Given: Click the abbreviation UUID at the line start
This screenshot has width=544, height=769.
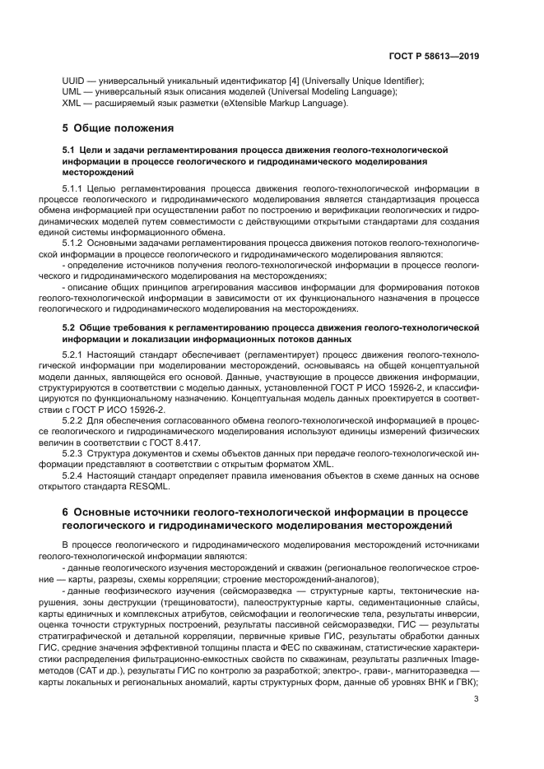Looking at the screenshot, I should [x=74, y=81].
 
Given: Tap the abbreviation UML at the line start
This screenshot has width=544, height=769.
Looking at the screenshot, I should [x=72, y=92].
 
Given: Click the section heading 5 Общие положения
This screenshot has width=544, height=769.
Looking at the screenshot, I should [x=119, y=128].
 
